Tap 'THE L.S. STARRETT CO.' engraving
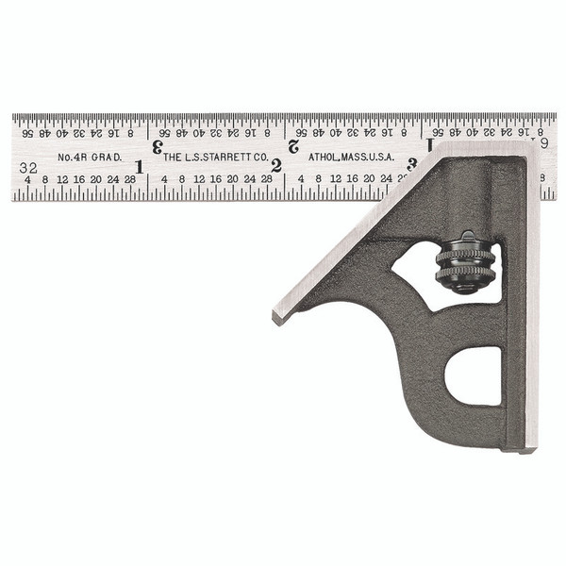pos(211,157)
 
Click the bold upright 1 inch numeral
pos(139,167)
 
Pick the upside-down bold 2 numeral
pos(293,146)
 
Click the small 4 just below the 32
pos(27,179)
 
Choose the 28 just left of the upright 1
pos(129,179)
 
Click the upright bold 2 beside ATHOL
pos(276,167)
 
